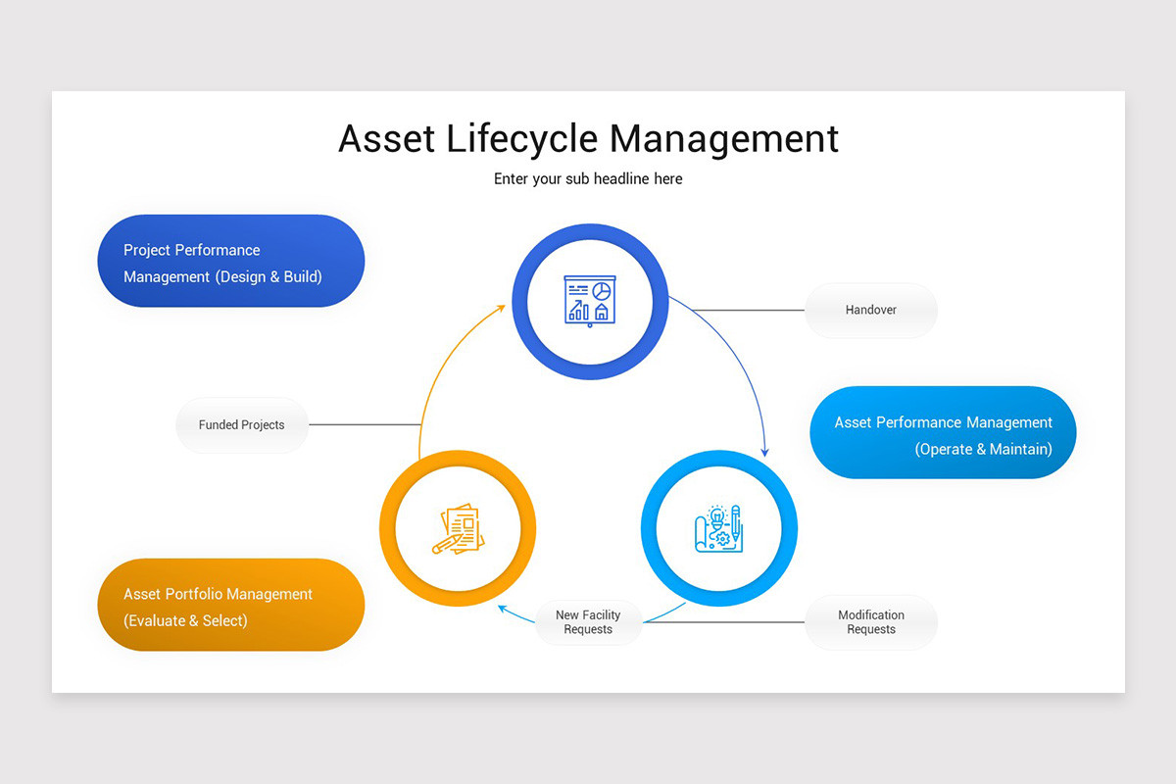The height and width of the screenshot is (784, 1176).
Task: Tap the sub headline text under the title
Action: click(588, 179)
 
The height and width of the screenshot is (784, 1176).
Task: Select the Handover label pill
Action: click(870, 310)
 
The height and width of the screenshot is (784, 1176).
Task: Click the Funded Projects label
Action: click(241, 425)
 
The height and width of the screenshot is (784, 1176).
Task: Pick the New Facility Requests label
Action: click(588, 622)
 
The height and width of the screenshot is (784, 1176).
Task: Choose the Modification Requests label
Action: click(870, 622)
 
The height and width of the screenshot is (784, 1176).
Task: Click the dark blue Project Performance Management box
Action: click(230, 261)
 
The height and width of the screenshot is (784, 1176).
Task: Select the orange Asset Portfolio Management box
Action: click(230, 605)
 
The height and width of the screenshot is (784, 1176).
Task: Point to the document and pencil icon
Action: click(457, 529)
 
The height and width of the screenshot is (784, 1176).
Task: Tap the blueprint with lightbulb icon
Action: click(718, 529)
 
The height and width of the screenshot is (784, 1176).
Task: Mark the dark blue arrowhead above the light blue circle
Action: click(764, 452)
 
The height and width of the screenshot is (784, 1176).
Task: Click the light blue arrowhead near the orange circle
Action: click(504, 608)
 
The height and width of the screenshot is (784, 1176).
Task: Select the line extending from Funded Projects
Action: click(364, 425)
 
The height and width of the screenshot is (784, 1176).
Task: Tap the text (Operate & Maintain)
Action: click(983, 449)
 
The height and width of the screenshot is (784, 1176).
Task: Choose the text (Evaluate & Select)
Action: click(185, 620)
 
